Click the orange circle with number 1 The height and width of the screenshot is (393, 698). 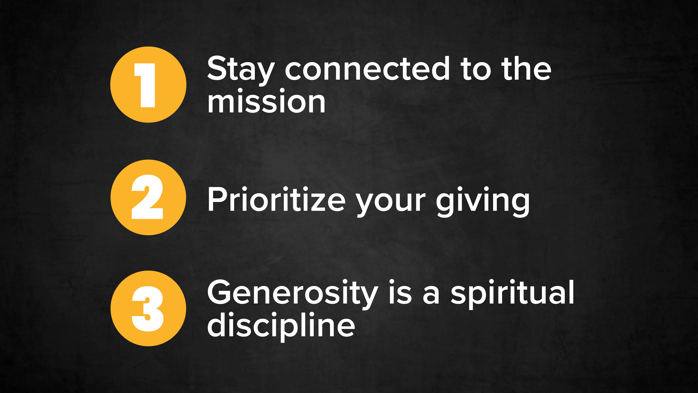(148, 85)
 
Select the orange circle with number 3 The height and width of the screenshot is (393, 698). (148, 308)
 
